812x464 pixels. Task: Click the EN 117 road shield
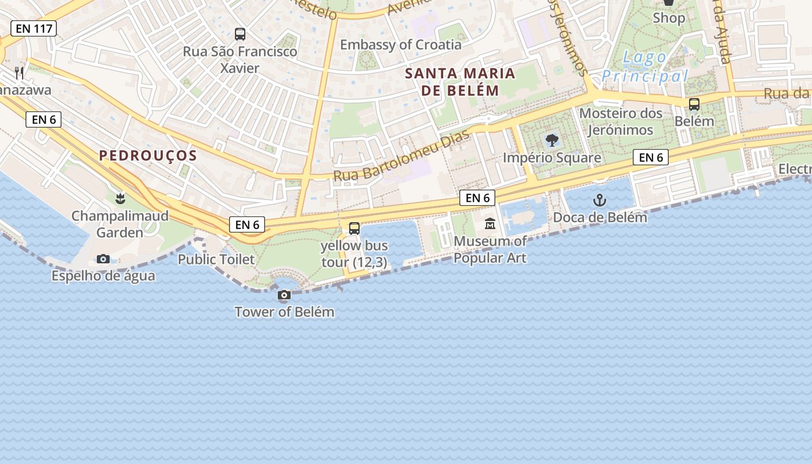pos(34,28)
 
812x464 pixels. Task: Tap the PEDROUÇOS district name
pos(148,155)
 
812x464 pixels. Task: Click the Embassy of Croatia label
pos(401,45)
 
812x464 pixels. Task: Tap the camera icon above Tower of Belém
pos(284,295)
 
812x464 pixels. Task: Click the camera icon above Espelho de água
pos(103,259)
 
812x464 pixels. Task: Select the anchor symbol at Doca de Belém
pos(600,201)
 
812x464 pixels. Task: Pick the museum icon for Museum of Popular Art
pos(490,224)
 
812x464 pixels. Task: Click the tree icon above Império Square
pos(552,140)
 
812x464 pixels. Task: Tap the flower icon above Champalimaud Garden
pos(120,199)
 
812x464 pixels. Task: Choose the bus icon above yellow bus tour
pos(354,229)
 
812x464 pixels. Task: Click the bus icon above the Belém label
pos(694,104)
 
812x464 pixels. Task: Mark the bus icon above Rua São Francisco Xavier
pos(240,34)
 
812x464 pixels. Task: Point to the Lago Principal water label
pos(644,67)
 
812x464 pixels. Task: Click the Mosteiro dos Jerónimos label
pos(621,121)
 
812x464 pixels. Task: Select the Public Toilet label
pos(216,259)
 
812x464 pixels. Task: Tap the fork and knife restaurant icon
pos(20,72)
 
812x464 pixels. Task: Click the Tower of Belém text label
pos(284,311)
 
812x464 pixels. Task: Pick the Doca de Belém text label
pos(600,217)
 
